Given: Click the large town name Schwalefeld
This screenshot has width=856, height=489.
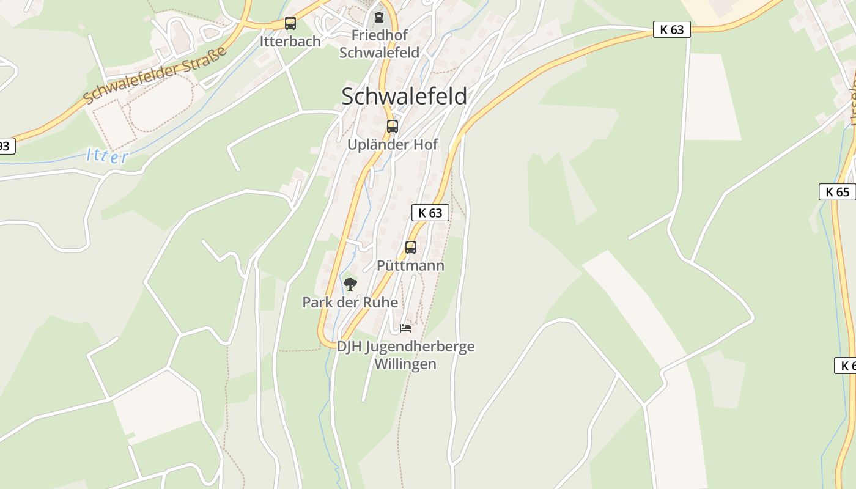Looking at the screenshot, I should click(404, 97).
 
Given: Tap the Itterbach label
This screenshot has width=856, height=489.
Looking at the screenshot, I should click(290, 42).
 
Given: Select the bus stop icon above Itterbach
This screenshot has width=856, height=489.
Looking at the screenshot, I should click(290, 24).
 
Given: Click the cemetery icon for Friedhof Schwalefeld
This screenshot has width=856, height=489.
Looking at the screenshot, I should click(379, 17).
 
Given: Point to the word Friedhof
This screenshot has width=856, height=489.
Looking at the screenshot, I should click(379, 35).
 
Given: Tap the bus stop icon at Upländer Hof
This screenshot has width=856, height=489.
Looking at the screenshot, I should click(393, 127).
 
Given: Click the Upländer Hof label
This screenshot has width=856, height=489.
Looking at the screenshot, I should click(393, 145).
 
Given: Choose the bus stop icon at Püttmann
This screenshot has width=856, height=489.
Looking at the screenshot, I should click(411, 248).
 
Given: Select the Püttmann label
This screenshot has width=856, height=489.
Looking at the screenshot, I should click(410, 266).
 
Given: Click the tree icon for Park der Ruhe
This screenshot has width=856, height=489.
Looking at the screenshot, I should click(350, 284).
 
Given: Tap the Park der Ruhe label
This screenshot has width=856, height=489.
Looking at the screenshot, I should click(350, 303).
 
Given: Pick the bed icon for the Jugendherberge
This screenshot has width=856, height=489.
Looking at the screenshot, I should click(405, 328).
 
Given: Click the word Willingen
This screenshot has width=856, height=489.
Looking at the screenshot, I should click(405, 364).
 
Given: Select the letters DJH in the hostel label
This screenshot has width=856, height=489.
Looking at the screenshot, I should click(349, 347).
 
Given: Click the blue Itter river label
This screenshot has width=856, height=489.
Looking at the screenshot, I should click(108, 156).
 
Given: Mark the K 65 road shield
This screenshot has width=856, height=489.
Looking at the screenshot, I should click(837, 192).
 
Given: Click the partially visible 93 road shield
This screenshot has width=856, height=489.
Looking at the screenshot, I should click(5, 146).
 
